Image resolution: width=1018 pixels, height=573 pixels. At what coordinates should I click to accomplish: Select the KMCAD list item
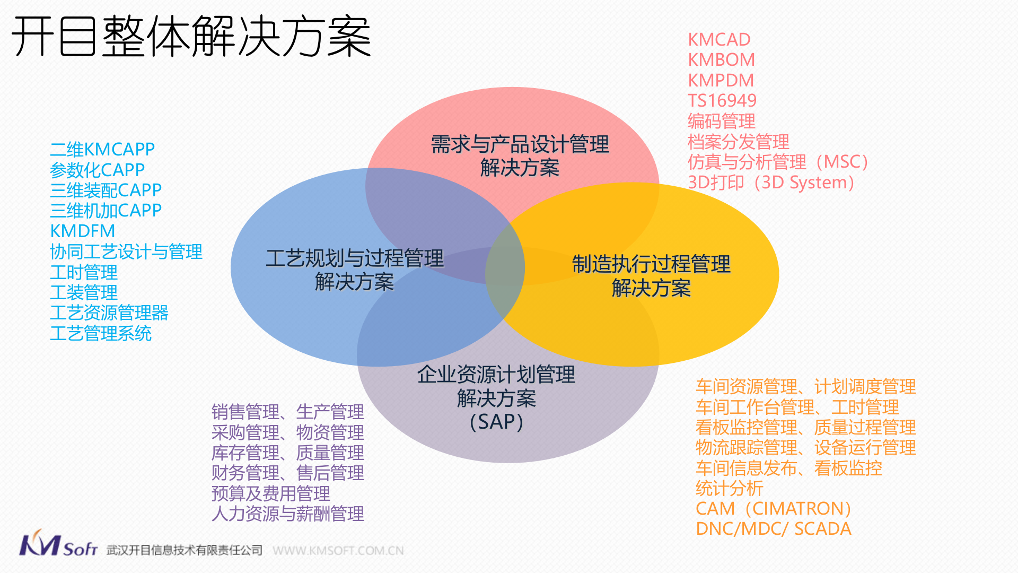point(719,40)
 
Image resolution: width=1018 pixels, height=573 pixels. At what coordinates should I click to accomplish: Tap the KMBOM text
point(721,60)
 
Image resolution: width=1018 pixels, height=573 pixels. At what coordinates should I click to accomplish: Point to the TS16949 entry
point(722,101)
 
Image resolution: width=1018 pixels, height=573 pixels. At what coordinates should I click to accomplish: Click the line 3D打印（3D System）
point(771,183)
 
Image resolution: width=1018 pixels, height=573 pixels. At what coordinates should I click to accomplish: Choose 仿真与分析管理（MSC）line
point(778,162)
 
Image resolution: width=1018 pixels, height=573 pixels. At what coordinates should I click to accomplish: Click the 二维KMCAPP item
point(102,150)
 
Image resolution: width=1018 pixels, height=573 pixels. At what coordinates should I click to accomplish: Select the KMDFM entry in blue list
point(82,231)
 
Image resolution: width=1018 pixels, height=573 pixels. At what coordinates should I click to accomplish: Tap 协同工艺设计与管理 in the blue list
point(126,251)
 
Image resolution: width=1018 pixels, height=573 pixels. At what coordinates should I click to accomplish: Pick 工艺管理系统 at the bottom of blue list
point(101,334)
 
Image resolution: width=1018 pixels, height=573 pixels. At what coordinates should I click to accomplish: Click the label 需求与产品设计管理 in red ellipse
point(520,144)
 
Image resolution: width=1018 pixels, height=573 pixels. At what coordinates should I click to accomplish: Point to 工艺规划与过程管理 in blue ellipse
point(354,258)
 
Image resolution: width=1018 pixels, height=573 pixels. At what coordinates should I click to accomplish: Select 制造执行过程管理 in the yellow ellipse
point(651,264)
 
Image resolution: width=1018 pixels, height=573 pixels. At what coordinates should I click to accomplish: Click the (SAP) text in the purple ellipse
point(496,422)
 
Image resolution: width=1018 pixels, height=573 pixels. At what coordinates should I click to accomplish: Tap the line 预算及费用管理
point(270,493)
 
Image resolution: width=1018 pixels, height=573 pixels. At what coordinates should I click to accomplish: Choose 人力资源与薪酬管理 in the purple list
point(287,514)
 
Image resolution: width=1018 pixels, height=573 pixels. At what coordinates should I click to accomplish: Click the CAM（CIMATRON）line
point(773,509)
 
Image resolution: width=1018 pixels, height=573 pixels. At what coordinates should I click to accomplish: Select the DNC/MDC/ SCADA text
point(773,529)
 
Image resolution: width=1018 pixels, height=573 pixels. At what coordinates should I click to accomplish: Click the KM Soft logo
point(58,544)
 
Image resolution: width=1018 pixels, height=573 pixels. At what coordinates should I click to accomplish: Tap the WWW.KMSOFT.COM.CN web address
point(338,551)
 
